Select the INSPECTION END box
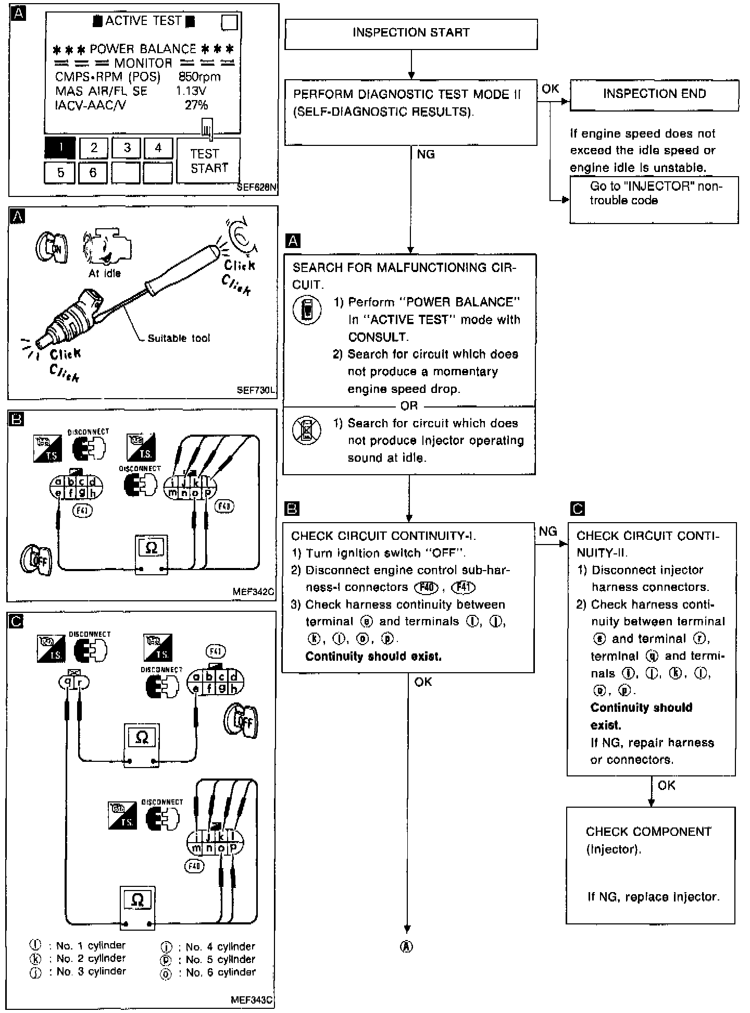[654, 94]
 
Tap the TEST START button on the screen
[209, 161]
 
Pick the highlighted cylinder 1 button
[60, 148]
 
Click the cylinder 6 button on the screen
[93, 173]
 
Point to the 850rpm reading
[199, 77]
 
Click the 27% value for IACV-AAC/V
[196, 105]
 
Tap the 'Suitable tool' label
[179, 338]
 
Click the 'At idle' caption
[105, 273]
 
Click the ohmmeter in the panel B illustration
[152, 553]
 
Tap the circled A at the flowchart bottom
[407, 947]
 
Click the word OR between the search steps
[409, 405]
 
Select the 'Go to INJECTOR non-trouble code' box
[654, 201]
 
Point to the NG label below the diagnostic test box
[426, 154]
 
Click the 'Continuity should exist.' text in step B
[373, 657]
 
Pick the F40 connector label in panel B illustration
[224, 505]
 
